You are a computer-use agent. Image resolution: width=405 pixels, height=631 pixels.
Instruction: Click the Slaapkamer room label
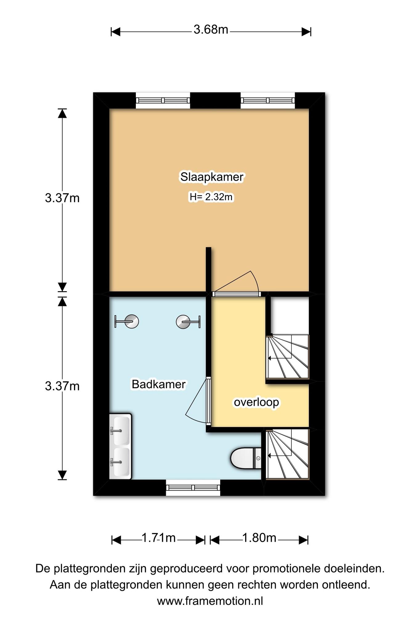pos(212,177)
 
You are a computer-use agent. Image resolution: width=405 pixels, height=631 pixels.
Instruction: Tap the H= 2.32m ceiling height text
pos(211,197)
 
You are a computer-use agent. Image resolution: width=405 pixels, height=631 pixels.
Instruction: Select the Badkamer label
pos(159,384)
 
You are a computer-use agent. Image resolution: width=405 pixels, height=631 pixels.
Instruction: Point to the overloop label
pos(257,402)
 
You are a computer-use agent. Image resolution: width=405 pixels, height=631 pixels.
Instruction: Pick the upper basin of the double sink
pos(121,430)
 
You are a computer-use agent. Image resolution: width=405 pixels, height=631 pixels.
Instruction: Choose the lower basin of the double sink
pos(121,462)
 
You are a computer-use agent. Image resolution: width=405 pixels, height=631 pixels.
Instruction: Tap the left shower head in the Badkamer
pos(127,322)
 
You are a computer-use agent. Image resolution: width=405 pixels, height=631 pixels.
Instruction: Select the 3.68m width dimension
pos(211,30)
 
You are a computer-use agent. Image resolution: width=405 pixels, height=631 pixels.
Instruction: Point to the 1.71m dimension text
pos(158,538)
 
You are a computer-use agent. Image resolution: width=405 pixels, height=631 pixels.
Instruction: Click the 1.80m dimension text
pos(259,538)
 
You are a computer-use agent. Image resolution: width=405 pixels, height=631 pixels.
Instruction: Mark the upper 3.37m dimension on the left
pos(62,198)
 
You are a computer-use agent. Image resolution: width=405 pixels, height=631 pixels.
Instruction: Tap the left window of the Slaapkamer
pos(163,100)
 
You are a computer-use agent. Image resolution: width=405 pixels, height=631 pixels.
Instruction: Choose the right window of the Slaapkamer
pos(268,100)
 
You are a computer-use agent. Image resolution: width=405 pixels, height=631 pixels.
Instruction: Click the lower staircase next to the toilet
pos(287,454)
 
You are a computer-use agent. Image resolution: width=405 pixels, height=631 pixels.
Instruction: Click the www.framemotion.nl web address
pos(210,601)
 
